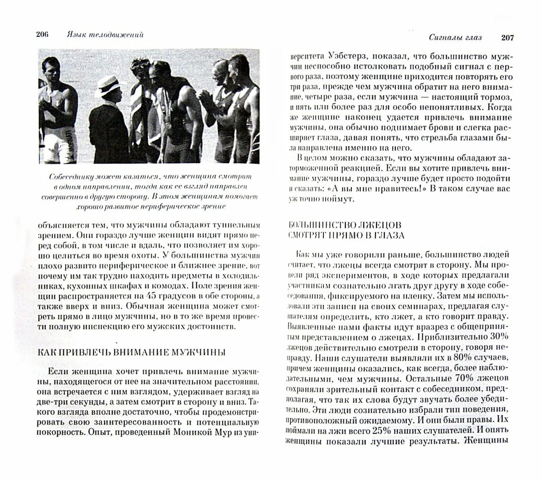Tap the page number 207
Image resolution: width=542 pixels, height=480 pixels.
point(507,38)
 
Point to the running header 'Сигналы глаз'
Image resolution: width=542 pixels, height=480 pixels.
point(455,38)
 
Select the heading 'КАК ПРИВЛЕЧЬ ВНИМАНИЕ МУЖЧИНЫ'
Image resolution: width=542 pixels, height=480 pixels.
point(132,352)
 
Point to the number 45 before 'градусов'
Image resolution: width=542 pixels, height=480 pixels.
point(152,296)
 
